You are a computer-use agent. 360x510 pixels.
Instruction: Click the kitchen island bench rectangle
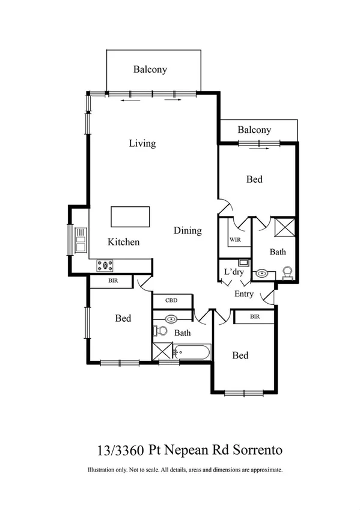130,217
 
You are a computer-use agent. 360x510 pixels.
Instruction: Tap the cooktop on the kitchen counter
105,264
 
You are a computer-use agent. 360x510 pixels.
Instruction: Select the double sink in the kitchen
80,240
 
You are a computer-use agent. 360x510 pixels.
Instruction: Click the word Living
142,144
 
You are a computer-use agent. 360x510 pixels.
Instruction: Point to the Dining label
188,231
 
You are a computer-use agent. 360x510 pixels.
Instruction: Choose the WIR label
234,239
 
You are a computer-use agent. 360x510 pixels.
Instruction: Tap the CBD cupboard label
172,301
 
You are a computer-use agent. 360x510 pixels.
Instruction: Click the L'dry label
233,272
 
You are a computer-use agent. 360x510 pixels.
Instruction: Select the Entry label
244,294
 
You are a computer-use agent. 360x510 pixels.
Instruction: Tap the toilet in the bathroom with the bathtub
161,330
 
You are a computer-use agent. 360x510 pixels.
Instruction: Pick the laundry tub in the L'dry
243,262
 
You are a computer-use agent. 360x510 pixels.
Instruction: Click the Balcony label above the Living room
150,70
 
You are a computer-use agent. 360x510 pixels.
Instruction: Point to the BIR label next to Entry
254,316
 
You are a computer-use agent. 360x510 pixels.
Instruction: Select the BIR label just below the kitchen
112,281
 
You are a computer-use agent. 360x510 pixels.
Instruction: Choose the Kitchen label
124,242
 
